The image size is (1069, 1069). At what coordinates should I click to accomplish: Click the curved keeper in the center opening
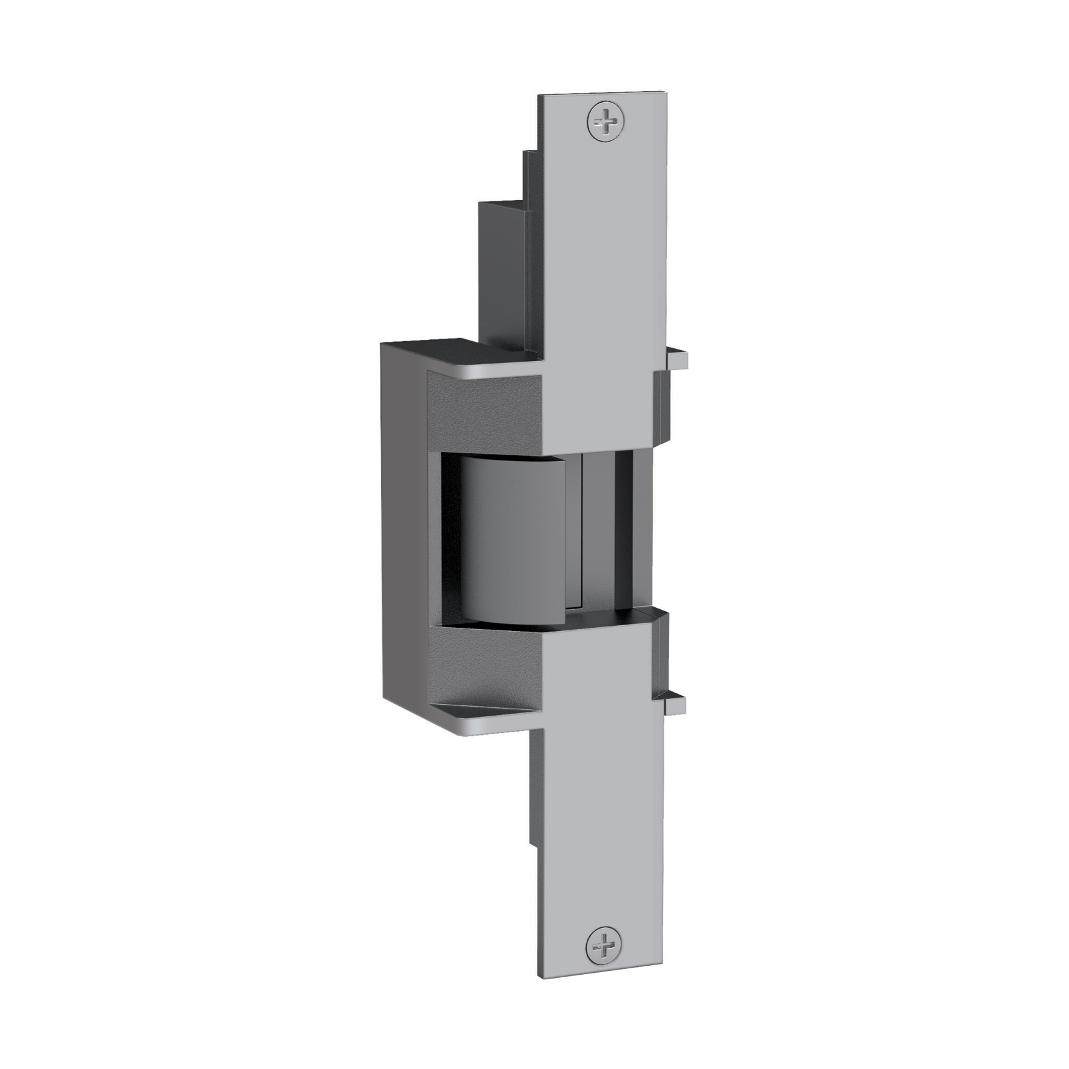coord(513,542)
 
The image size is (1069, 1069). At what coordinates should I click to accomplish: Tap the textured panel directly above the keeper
coord(481,410)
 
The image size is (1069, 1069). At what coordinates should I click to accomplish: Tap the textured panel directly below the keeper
coord(481,667)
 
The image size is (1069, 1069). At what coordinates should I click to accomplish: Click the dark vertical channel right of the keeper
coord(623,532)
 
